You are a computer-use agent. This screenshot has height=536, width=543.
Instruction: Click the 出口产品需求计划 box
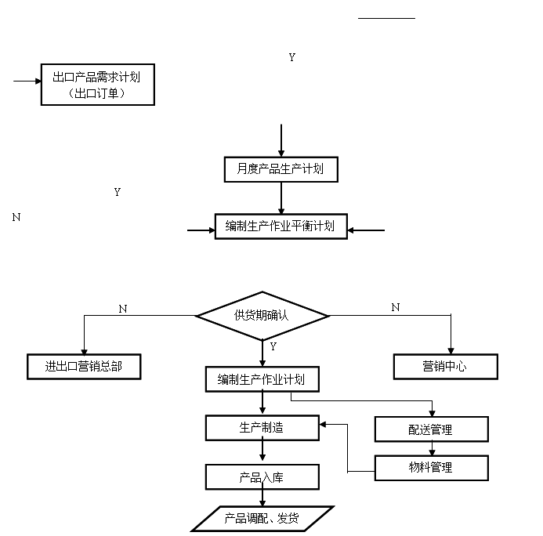97,85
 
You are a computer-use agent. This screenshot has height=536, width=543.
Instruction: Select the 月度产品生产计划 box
280,169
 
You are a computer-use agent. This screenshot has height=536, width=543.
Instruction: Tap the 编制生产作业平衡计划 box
281,226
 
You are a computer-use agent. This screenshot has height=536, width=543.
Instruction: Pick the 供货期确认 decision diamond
262,315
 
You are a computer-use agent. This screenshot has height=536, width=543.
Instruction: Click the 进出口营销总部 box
83,367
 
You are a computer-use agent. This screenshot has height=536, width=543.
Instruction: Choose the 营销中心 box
444,366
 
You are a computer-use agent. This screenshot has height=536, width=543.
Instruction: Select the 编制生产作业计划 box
262,380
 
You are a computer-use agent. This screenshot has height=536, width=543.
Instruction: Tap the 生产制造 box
262,428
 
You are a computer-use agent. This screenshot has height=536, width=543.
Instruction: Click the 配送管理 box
431,429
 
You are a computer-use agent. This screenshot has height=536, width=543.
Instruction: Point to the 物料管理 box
431,468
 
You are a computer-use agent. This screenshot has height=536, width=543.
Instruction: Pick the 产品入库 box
262,476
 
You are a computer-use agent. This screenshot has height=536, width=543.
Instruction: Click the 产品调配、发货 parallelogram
262,519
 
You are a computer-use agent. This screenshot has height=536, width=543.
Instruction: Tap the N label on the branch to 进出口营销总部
122,309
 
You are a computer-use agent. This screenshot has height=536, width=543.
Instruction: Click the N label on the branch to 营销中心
395,308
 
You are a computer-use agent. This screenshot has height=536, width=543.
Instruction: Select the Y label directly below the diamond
273,346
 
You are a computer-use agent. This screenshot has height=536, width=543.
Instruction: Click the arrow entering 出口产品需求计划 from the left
27,81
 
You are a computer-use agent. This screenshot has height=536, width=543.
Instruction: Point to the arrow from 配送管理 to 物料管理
432,448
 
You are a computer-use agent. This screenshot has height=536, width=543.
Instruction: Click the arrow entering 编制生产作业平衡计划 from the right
366,230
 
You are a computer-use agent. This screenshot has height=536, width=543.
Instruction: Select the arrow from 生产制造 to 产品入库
262,452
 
